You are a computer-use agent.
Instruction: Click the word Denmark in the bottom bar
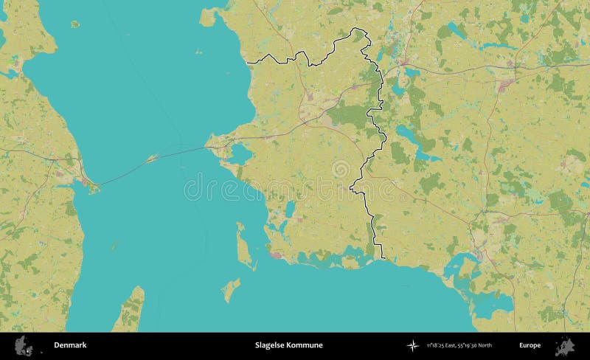[70, 345]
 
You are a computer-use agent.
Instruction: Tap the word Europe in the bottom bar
[530, 345]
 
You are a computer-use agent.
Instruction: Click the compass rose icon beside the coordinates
[412, 345]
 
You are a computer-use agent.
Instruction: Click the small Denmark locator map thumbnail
[24, 345]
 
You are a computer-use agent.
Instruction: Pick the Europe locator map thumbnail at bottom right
[566, 345]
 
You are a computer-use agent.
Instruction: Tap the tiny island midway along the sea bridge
[153, 157]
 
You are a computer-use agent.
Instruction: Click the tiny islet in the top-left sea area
[74, 24]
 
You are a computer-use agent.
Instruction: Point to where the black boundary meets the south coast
[382, 258]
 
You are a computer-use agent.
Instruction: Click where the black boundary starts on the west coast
[249, 63]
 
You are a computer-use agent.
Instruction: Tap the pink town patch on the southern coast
[277, 255]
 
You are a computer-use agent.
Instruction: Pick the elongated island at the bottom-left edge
[133, 310]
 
